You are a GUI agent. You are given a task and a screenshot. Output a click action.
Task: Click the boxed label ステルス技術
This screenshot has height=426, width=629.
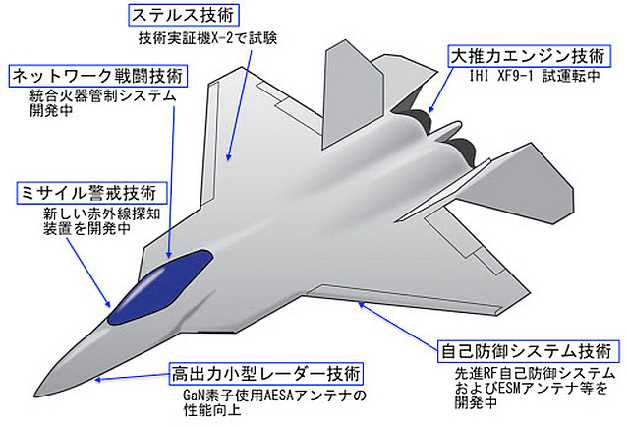(184, 16)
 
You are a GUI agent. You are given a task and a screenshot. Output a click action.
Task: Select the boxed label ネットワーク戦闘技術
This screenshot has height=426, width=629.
(98, 76)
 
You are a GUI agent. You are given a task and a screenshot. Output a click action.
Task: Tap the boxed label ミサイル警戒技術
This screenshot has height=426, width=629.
(91, 193)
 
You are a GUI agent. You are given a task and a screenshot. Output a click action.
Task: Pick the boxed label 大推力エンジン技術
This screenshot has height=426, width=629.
(530, 56)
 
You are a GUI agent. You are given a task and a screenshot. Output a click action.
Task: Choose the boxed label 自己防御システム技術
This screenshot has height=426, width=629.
(528, 352)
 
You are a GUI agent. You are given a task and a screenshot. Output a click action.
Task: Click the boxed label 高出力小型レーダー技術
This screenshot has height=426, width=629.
(266, 374)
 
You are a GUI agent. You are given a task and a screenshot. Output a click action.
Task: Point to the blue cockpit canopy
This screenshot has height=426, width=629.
(159, 286)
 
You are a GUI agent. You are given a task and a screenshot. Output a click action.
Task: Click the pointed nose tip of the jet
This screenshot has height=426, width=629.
(35, 396)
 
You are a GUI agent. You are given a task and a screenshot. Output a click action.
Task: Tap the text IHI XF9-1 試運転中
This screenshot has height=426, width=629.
(535, 76)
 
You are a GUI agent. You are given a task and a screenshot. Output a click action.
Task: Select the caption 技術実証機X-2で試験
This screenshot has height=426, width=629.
(207, 38)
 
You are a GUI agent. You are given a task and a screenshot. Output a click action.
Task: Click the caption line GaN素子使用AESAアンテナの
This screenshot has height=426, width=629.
(275, 396)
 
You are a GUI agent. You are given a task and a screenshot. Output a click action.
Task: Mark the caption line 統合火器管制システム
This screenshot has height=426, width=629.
(103, 95)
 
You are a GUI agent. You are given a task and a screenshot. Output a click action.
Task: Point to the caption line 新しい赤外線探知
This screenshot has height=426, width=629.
(102, 213)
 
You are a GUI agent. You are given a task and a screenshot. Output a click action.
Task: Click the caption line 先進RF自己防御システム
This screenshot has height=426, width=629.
(535, 374)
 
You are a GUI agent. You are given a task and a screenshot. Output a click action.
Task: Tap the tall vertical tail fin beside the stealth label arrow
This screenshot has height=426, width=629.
(351, 96)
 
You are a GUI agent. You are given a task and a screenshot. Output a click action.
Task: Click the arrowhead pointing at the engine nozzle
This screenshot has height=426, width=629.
(431, 109)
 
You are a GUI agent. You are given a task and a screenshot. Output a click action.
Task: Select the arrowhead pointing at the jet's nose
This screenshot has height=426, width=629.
(98, 379)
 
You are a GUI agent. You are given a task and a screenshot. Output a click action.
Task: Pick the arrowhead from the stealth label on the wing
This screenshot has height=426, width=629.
(228, 156)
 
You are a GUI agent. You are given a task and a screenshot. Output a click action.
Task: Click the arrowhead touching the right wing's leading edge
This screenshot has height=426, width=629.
(362, 305)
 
